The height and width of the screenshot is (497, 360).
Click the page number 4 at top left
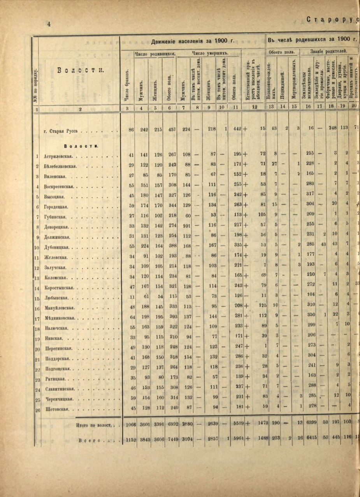49,24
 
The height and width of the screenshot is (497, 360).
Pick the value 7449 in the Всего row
169,440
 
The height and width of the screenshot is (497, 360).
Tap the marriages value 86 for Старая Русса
130,130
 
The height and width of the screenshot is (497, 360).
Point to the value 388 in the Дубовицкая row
170,247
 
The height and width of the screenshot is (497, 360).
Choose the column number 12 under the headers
254,109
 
